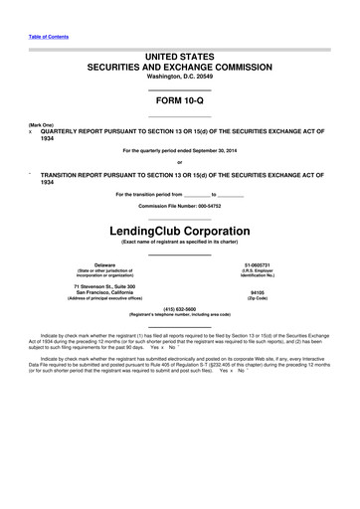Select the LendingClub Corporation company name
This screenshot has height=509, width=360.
[179, 232]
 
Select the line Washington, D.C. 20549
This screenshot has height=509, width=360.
[179, 76]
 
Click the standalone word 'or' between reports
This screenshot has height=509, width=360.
[179, 162]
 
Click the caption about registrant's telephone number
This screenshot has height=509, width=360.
[180, 315]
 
